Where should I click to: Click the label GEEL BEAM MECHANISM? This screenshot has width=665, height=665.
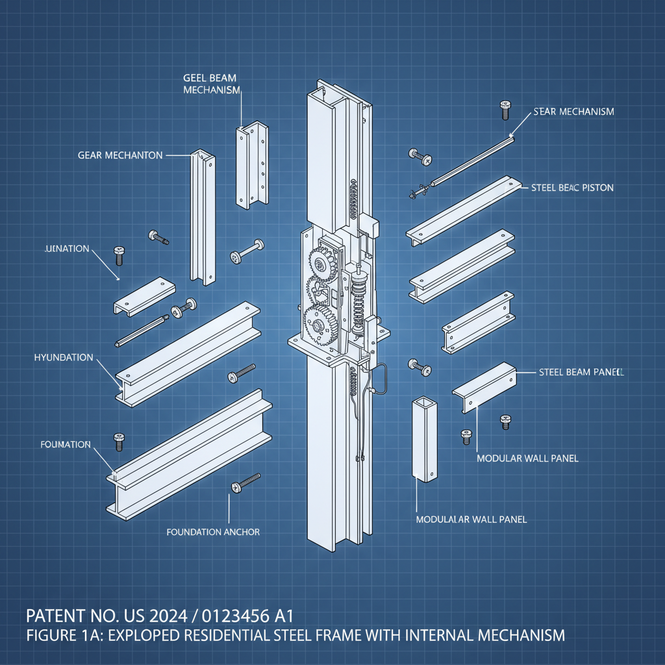pyautogui.click(x=209, y=84)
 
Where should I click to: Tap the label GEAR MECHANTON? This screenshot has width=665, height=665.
pyautogui.click(x=119, y=156)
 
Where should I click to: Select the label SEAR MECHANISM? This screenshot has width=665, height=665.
pyautogui.click(x=573, y=112)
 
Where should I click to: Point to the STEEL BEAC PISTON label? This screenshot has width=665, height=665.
pyautogui.click(x=572, y=188)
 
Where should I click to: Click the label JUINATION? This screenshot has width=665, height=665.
pyautogui.click(x=67, y=249)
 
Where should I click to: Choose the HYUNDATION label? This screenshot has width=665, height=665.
pyautogui.click(x=63, y=358)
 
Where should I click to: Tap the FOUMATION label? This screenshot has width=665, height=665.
pyautogui.click(x=65, y=445)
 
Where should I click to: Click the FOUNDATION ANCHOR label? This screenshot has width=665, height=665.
pyautogui.click(x=213, y=532)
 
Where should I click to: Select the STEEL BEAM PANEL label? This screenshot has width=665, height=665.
pyautogui.click(x=581, y=373)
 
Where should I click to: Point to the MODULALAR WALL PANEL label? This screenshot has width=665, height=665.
pyautogui.click(x=471, y=520)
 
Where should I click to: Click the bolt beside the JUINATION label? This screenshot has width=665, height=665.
pyautogui.click(x=118, y=255)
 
